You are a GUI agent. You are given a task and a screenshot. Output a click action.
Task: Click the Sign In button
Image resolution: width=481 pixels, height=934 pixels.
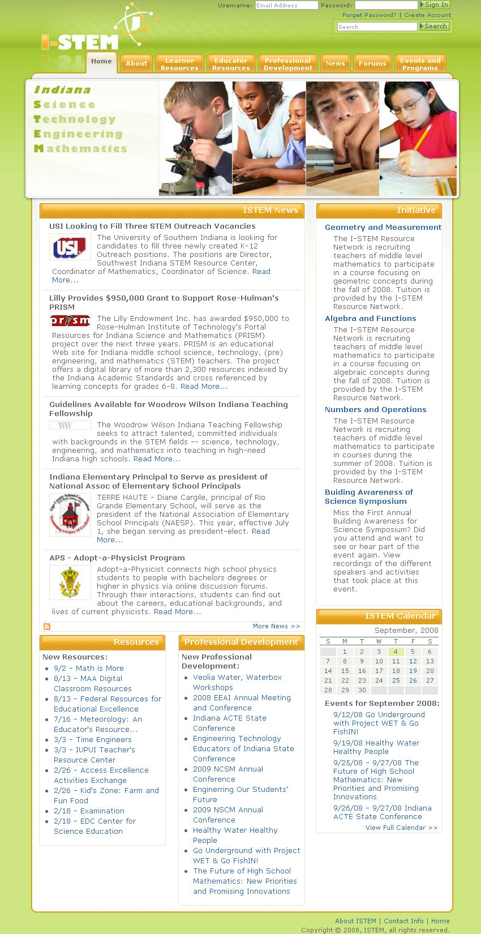[435, 5]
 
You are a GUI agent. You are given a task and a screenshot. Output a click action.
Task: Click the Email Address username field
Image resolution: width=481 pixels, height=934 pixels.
[286, 5]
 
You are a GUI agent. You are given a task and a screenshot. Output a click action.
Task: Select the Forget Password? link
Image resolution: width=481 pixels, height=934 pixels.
[369, 15]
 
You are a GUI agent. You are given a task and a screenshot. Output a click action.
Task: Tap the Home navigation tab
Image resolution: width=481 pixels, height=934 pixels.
[101, 62]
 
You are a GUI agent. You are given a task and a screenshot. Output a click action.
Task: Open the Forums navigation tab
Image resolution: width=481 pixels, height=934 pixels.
[372, 63]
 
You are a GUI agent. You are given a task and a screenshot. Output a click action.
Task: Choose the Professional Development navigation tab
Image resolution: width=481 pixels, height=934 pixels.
[288, 64]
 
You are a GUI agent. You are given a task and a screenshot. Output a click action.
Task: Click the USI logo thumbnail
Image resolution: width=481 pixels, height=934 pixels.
[70, 247]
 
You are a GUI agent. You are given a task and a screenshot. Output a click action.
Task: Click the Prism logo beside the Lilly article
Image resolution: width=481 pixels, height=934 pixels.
[70, 321]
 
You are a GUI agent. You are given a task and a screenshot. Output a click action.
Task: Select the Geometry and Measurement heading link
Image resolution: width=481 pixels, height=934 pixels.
[383, 227]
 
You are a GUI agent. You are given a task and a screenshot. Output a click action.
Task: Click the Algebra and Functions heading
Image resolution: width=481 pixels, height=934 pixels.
[370, 318]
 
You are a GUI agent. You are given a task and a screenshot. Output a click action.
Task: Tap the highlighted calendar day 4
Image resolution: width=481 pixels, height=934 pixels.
[396, 652]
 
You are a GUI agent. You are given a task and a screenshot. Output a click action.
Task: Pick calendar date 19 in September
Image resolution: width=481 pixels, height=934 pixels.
[413, 671]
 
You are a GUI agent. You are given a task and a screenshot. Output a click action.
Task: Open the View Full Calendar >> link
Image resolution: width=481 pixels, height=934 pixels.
[401, 828]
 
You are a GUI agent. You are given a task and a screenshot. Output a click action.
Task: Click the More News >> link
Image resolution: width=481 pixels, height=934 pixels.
[276, 626]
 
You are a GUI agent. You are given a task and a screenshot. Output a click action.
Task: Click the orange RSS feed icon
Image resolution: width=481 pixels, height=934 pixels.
[47, 627]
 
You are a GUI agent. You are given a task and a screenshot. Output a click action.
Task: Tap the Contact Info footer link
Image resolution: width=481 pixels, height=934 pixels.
[403, 921]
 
